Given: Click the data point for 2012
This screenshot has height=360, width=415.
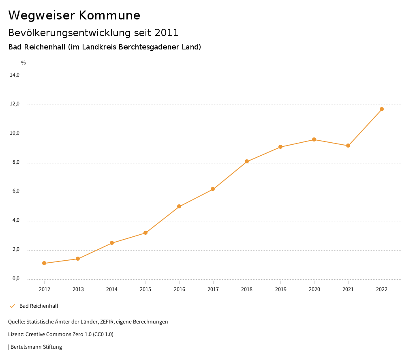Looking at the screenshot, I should click(44, 263).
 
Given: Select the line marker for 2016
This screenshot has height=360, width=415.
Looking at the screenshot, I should click(179, 206).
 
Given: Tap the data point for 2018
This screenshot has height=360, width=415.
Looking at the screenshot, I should click(246, 161).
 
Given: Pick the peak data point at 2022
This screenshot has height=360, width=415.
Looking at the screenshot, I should click(382, 109).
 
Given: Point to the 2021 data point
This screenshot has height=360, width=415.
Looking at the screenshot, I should click(348, 146).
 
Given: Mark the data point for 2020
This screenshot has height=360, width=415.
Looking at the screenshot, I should click(314, 139).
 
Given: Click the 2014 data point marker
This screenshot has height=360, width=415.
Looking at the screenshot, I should click(112, 243).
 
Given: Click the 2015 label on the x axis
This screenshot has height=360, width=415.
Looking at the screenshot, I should click(145, 289).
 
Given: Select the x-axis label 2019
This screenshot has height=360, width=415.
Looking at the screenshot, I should click(280, 289).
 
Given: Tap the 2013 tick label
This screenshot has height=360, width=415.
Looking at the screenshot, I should click(78, 289).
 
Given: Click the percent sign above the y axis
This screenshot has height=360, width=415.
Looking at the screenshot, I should click(24, 62).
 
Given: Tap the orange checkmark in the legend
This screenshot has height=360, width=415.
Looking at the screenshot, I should click(12, 306).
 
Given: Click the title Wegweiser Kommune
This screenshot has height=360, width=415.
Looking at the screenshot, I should click(74, 15).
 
